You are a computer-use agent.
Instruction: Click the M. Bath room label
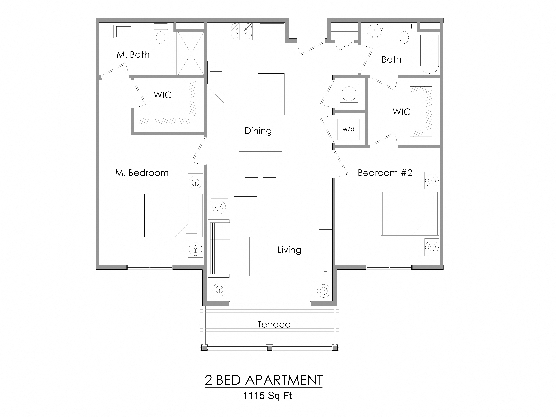133,55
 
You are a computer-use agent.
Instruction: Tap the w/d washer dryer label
348,129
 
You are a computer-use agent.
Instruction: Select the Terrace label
274,324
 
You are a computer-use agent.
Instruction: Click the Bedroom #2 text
385,173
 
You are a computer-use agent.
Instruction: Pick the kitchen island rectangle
271,94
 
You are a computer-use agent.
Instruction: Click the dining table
260,161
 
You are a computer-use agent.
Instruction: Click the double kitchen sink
215,73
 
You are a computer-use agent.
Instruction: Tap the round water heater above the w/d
349,93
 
